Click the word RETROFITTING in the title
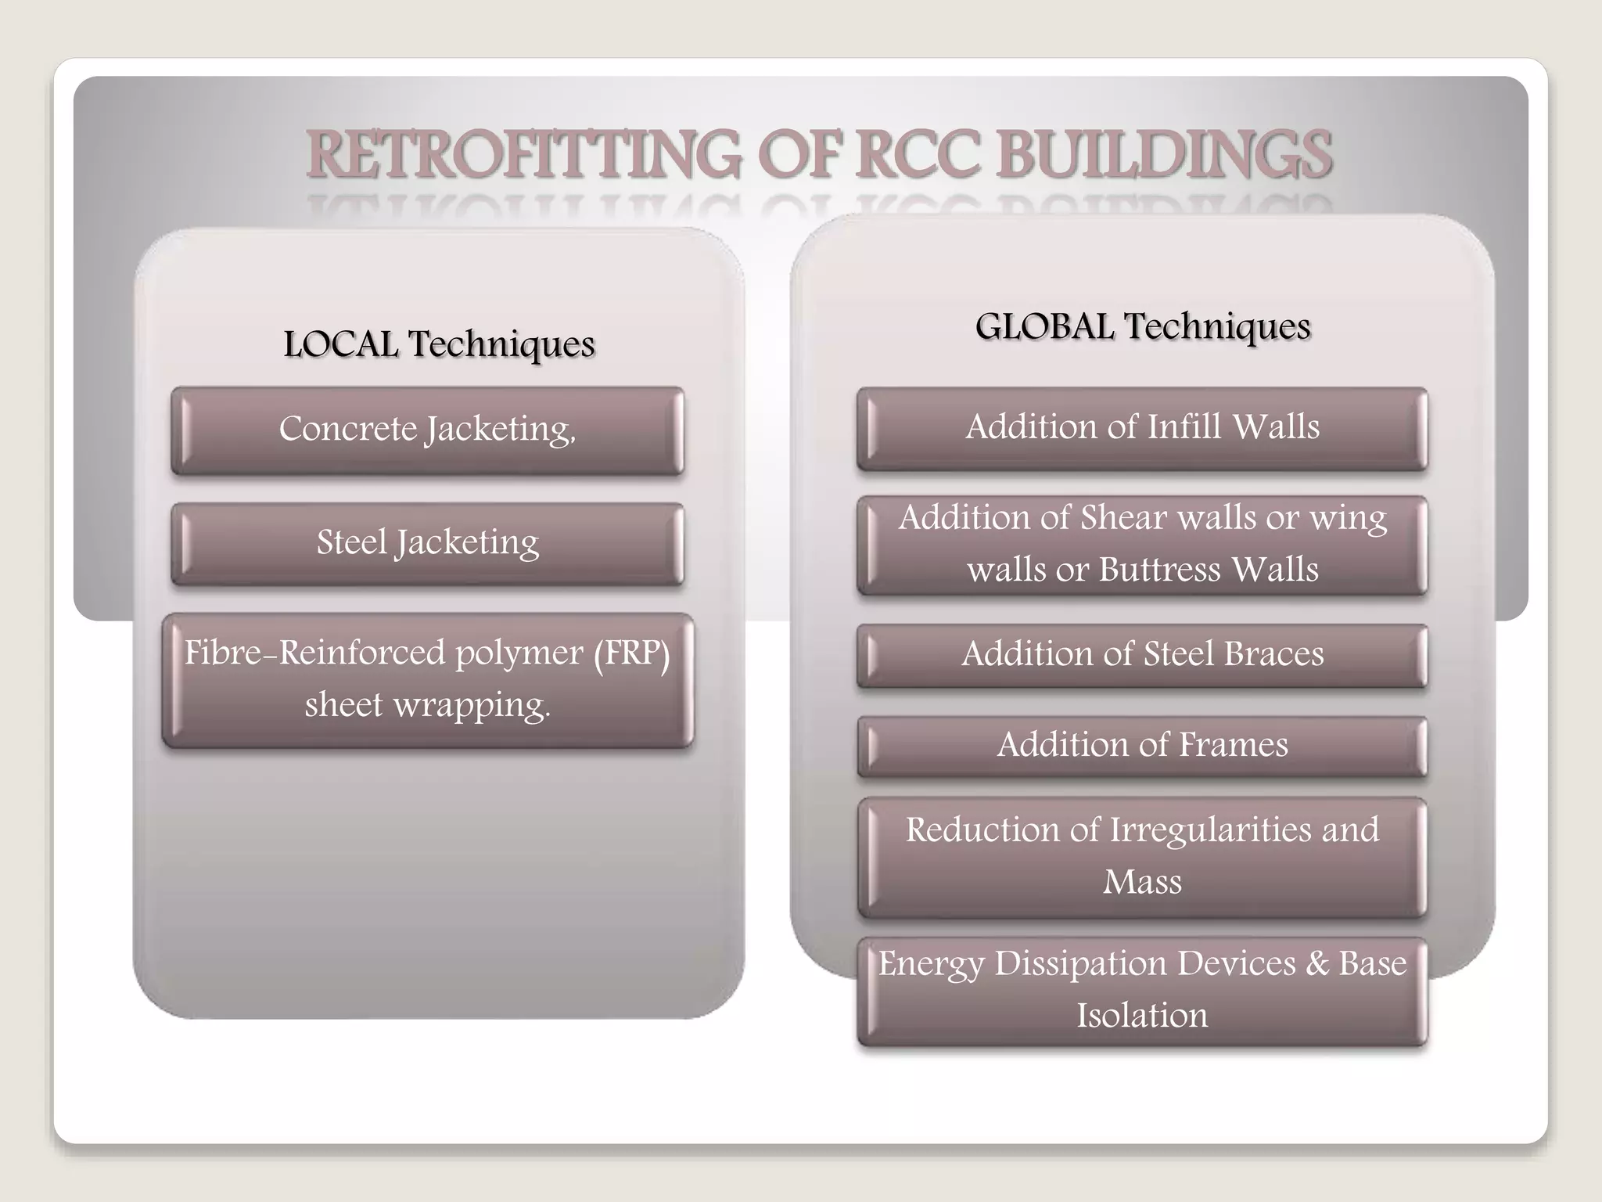pos(523,154)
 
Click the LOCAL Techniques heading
pos(439,344)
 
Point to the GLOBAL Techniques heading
pos(1142,326)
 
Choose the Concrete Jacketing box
pos(427,430)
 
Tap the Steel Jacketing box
pos(427,543)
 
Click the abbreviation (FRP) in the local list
pos(631,653)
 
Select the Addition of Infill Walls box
pos(1142,427)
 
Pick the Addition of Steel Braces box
pos(1142,654)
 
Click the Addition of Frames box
pos(1142,745)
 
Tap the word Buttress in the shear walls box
pos(1159,570)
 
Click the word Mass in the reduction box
pos(1142,882)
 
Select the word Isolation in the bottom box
pos(1142,1016)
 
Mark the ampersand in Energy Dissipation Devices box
pos(1317,963)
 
